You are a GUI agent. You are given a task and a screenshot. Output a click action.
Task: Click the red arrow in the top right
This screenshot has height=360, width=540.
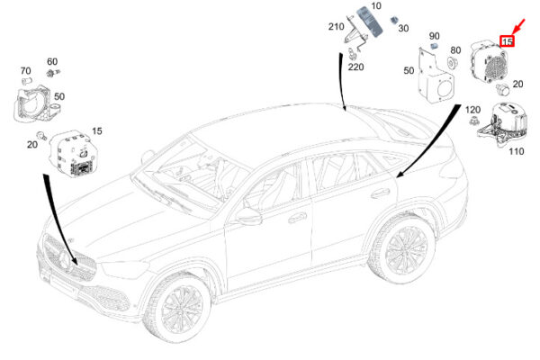(519, 26)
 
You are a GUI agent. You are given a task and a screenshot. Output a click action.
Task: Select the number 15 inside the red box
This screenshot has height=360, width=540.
(507, 41)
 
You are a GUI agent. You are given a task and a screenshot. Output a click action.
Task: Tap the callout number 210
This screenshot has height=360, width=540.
(336, 26)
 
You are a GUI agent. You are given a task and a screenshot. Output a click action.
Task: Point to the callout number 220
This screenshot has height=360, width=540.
(355, 67)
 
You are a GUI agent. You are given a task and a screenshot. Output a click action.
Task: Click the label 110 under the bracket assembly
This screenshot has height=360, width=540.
(517, 151)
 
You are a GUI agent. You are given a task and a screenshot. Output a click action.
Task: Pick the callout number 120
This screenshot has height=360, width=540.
(472, 110)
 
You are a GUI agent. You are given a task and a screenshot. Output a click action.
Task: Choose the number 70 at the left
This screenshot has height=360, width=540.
(25, 70)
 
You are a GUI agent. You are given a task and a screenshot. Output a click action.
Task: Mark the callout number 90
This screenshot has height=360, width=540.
(435, 36)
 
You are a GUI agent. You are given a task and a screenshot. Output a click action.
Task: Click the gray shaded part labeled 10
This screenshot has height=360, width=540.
(370, 22)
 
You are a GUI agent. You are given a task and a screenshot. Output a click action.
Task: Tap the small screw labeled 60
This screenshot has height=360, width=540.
(53, 73)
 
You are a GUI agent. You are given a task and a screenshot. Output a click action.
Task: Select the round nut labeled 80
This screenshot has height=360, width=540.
(452, 63)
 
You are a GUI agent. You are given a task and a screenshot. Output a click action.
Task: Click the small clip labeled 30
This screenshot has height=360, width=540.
(393, 21)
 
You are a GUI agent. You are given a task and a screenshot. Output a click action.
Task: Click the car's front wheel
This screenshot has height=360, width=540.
(179, 307)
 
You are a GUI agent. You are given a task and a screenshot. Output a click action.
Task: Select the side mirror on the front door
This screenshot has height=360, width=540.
(248, 217)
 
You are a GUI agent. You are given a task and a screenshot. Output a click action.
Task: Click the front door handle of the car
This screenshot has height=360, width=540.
(297, 218)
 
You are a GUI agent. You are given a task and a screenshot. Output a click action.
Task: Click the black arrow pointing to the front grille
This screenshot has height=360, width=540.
(59, 220)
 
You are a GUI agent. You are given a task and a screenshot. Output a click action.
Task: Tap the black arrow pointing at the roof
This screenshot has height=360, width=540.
(343, 82)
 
